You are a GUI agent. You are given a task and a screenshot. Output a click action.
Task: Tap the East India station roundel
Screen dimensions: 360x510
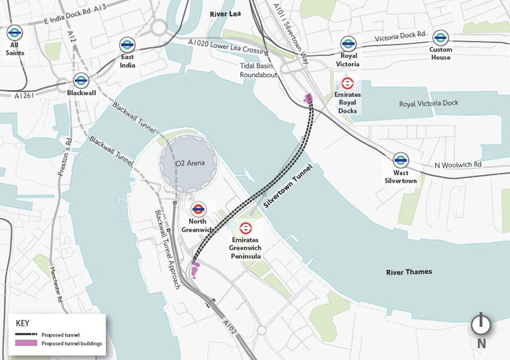[127, 44]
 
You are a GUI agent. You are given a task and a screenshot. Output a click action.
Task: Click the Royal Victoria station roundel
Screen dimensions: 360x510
[347, 43]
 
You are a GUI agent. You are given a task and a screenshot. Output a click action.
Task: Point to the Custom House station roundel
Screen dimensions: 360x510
[440, 37]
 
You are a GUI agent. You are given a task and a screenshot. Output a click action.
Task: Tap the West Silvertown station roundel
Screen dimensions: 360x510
[400, 160]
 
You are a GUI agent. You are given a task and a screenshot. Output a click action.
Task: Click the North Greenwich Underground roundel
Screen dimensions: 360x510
[197, 209]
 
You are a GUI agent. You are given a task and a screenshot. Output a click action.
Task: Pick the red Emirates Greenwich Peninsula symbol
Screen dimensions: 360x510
[245, 228]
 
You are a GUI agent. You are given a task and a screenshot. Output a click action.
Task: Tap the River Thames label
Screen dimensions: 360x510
[409, 272]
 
